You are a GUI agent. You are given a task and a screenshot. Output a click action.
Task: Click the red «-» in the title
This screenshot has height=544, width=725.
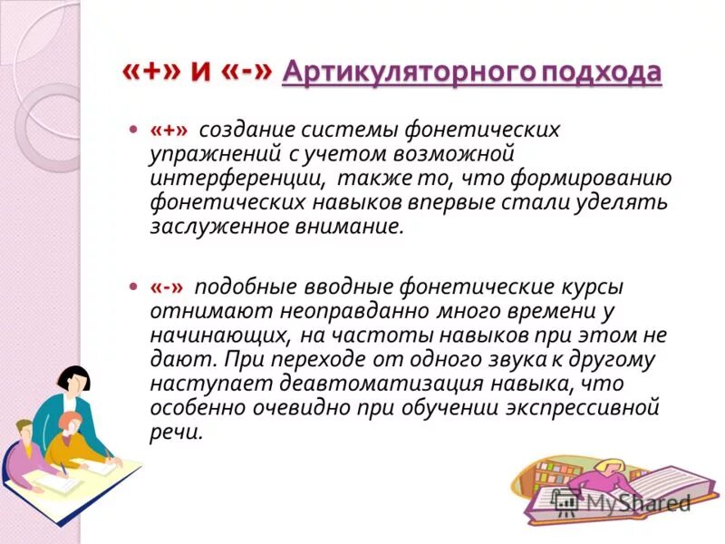[244, 72]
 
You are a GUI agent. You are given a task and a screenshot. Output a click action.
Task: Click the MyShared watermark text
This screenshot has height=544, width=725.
[634, 503]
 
